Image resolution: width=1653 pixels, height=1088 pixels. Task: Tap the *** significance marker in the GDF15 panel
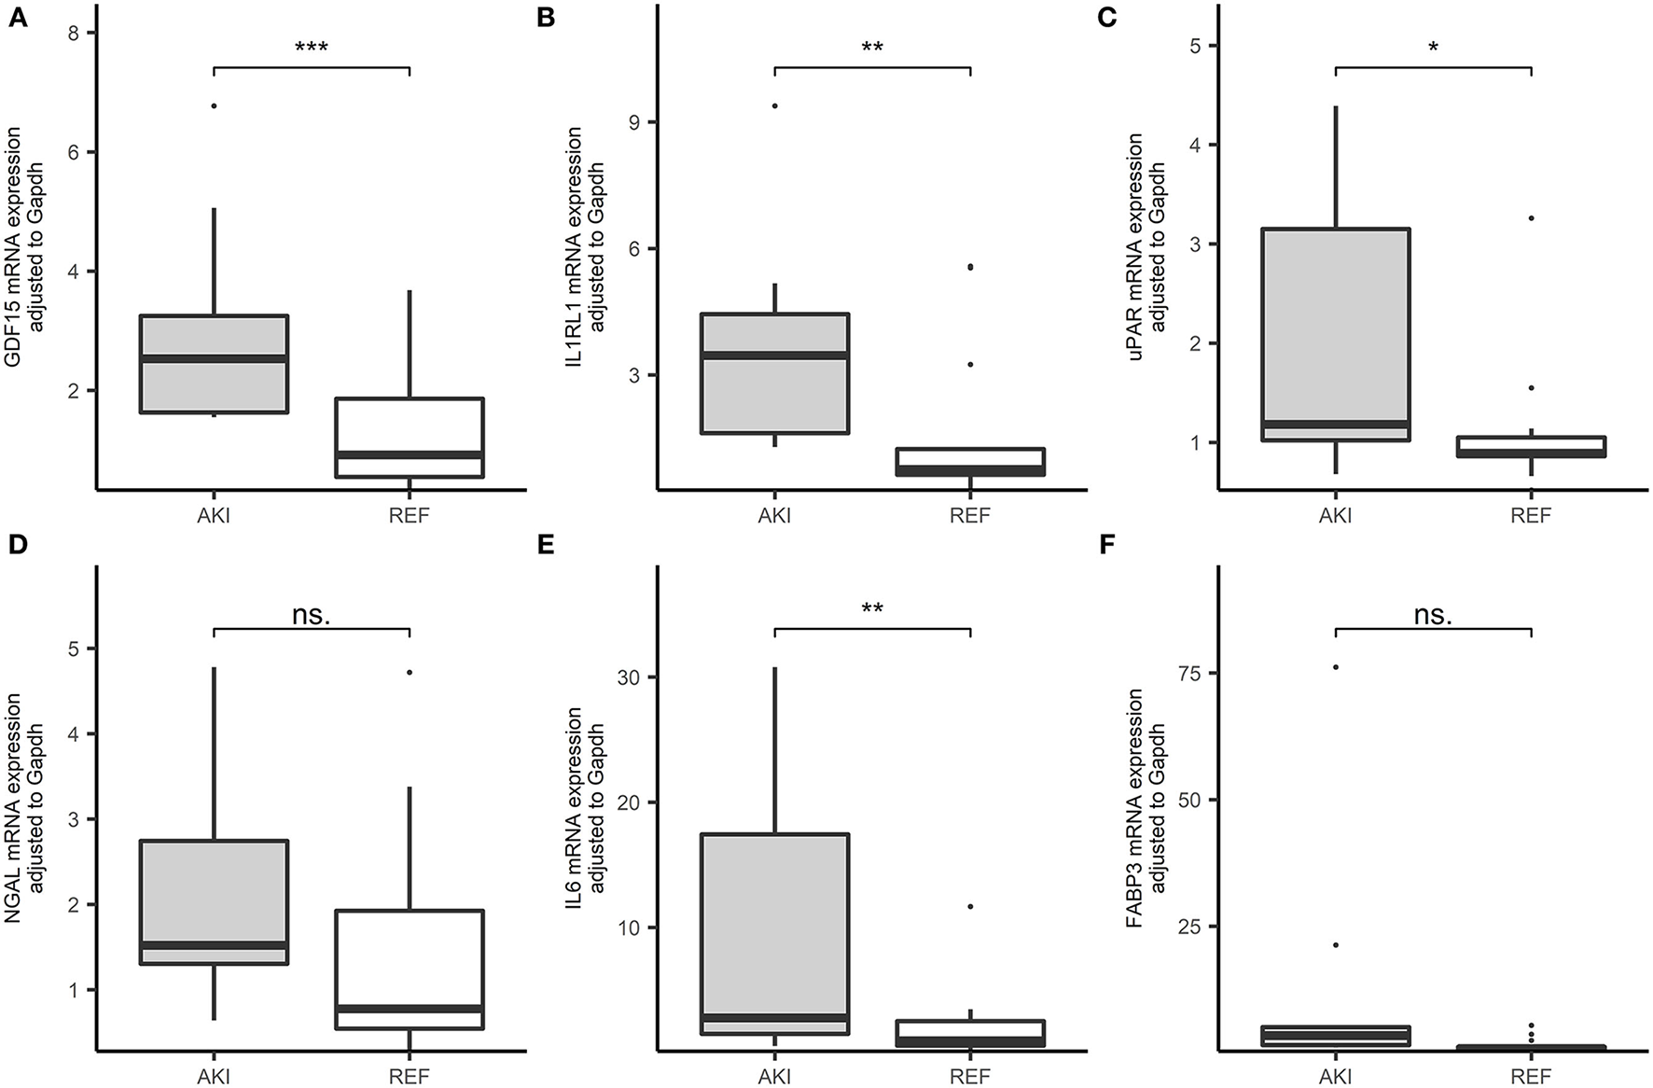(312, 48)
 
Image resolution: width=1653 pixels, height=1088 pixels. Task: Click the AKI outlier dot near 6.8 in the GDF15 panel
(214, 106)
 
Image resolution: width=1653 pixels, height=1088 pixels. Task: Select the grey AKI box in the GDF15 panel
(214, 364)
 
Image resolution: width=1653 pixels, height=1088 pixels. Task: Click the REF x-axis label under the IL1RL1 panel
(970, 514)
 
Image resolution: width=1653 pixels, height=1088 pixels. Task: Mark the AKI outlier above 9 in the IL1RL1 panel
(774, 105)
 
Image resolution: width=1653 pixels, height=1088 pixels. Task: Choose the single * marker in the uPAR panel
(1433, 48)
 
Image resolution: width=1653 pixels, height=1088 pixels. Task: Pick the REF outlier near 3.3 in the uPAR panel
(1531, 218)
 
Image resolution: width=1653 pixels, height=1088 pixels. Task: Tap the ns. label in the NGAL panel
(312, 614)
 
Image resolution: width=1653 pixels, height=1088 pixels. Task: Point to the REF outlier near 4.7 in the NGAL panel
(410, 672)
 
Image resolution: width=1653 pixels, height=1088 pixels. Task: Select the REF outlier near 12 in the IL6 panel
(970, 906)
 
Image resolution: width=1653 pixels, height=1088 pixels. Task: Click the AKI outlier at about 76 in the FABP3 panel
(1335, 666)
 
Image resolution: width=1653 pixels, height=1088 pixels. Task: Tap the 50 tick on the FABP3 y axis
(1196, 801)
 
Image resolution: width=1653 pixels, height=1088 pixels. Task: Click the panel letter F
(1107, 544)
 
